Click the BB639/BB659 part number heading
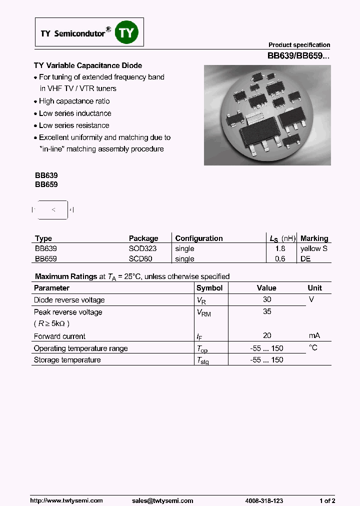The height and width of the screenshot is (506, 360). [298, 56]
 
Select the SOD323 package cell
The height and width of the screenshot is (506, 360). [143, 248]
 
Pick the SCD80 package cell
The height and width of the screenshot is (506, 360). [140, 259]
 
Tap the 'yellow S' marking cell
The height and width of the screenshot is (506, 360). [314, 248]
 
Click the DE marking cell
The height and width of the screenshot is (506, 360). [305, 259]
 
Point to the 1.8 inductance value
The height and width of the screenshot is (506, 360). [280, 248]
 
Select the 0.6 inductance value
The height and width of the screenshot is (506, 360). [280, 259]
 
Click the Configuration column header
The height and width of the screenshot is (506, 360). [199, 238]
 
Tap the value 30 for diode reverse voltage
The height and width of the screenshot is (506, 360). [267, 299]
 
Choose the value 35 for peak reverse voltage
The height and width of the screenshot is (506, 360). [267, 311]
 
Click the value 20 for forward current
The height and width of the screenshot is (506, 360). [267, 336]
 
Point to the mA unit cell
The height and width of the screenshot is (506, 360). [314, 336]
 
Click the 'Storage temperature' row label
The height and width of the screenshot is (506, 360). [67, 360]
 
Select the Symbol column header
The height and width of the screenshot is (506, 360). [209, 288]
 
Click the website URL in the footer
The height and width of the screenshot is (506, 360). [66, 500]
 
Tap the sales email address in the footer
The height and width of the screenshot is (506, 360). [162, 500]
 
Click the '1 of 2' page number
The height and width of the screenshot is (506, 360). [327, 500]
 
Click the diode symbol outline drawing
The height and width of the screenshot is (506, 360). [52, 210]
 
